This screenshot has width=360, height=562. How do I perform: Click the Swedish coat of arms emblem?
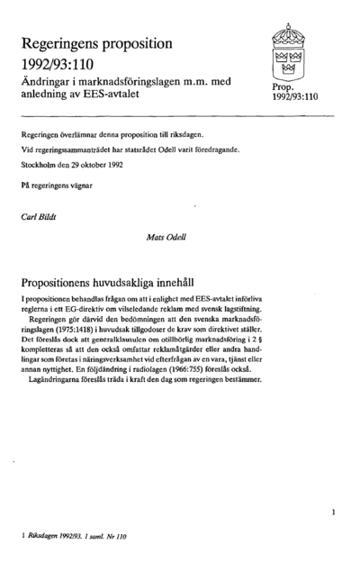pos(289,53)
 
